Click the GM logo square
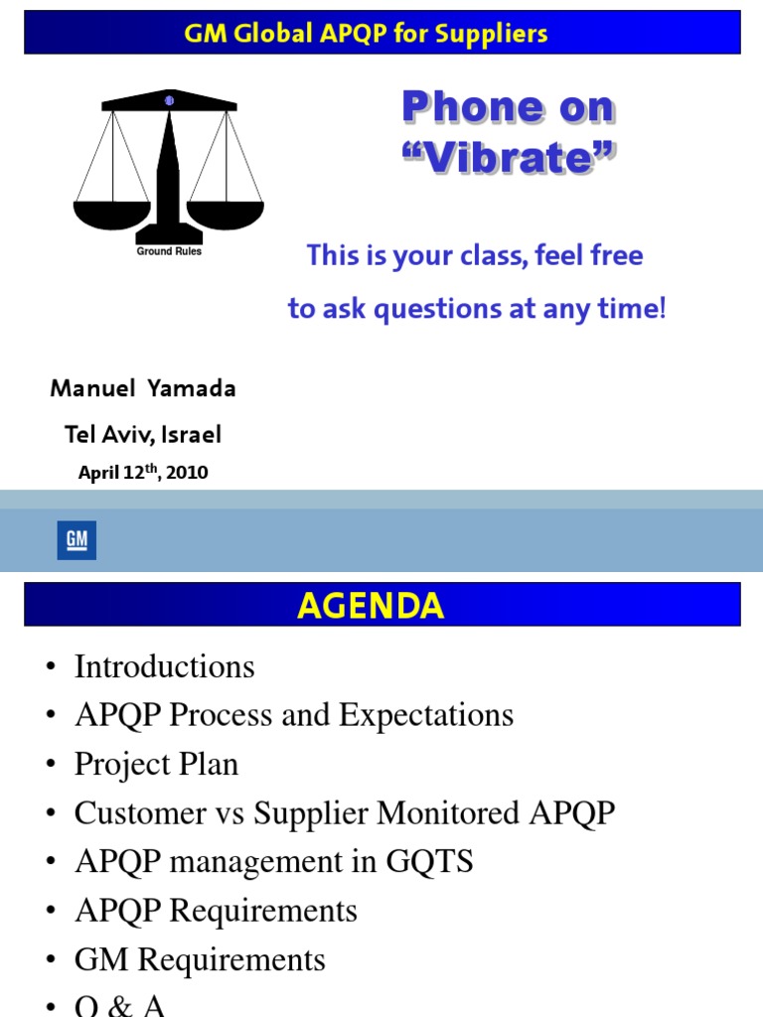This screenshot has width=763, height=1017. click(x=76, y=539)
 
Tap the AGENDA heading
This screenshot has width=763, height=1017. click(x=371, y=606)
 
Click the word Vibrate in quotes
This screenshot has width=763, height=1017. click(x=509, y=158)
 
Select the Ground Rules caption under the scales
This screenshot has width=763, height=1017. click(x=169, y=251)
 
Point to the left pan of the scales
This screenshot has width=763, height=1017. click(x=112, y=215)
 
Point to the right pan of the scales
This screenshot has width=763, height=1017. click(x=226, y=215)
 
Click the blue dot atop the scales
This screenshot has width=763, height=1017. click(x=169, y=100)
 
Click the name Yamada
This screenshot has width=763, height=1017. click(x=192, y=388)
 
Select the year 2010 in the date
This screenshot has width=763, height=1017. click(x=187, y=472)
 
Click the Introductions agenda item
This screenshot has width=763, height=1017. click(x=165, y=666)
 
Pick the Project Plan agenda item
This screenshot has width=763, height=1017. click(x=156, y=764)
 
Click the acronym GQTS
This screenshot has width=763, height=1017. click(x=429, y=861)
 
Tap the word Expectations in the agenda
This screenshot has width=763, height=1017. click(x=426, y=715)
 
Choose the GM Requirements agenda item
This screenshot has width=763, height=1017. click(x=200, y=959)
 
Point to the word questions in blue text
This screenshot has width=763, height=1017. click(x=438, y=309)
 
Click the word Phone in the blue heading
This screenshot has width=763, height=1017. click(x=472, y=106)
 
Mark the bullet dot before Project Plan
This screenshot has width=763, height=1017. click(x=51, y=764)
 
